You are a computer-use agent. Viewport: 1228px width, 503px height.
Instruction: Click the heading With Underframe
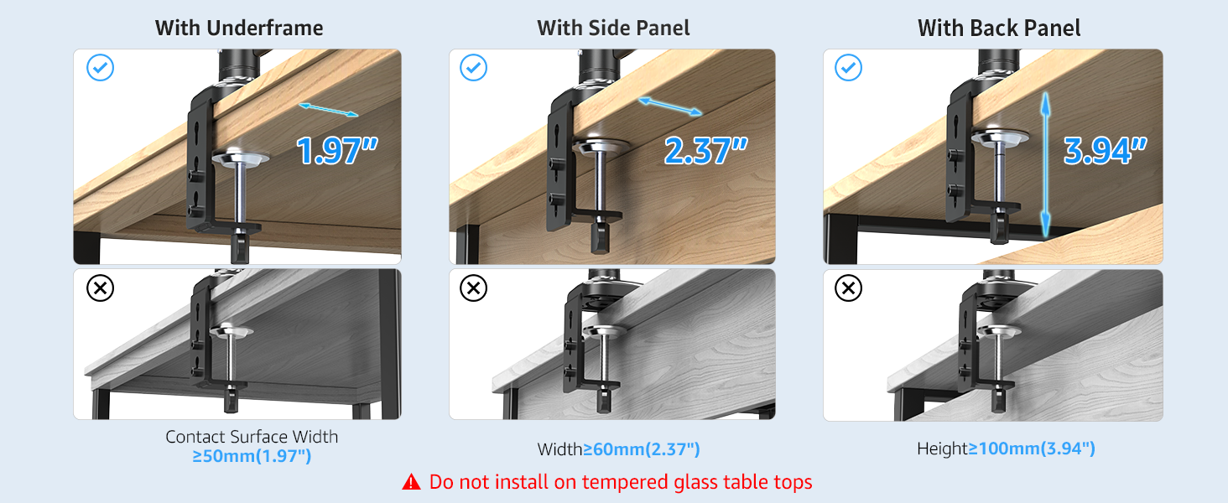(x=239, y=28)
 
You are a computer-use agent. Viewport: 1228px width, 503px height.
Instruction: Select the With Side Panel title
(x=613, y=28)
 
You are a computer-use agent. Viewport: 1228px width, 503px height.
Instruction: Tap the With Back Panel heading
(x=999, y=28)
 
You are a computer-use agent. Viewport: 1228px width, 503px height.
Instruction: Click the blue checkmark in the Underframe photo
(x=101, y=68)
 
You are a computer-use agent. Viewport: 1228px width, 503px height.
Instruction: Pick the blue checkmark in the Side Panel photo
(x=474, y=68)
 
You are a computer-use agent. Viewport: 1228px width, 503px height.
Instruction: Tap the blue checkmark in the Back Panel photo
(x=849, y=68)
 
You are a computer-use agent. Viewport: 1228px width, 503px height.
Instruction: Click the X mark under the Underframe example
(x=101, y=289)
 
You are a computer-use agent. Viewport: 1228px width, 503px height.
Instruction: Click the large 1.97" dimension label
(x=337, y=151)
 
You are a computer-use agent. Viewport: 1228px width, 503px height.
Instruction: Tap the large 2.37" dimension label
(x=705, y=151)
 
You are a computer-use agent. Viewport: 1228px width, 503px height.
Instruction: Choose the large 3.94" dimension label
(x=1105, y=151)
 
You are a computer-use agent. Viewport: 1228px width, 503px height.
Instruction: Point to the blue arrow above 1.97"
(x=329, y=110)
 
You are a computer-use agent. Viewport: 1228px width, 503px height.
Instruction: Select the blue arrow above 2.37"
(x=670, y=106)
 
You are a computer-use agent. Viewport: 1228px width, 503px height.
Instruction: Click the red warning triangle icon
(x=411, y=482)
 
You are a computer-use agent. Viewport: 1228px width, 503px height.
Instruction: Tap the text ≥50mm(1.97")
(x=252, y=456)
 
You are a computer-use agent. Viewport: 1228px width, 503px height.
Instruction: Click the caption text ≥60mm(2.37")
(x=642, y=449)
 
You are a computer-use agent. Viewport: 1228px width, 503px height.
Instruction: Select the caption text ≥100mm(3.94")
(x=1032, y=449)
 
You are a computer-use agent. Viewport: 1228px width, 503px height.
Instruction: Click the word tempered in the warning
(x=626, y=482)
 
